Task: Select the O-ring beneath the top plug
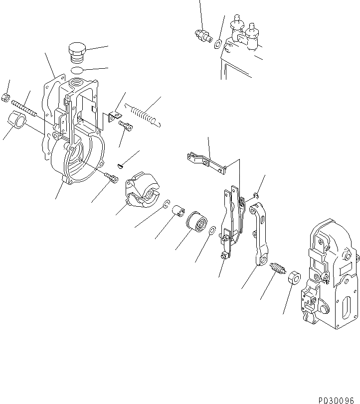[76, 70]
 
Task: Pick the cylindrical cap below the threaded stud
[17, 121]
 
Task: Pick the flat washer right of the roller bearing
[211, 231]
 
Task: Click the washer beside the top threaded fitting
[218, 43]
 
